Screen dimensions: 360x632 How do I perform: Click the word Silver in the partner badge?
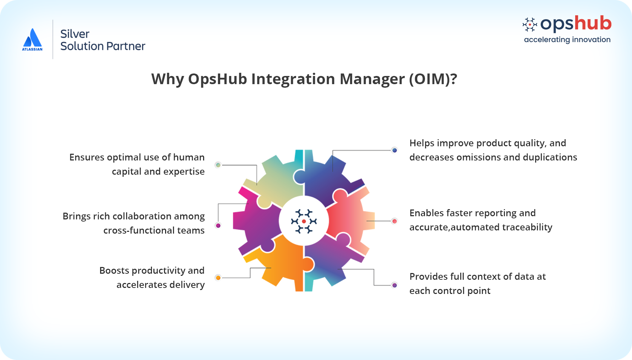click(x=75, y=34)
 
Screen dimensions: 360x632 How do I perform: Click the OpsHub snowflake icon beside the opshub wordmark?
click(x=530, y=24)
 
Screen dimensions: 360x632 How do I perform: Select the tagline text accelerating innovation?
click(x=567, y=40)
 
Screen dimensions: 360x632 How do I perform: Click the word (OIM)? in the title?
click(x=433, y=79)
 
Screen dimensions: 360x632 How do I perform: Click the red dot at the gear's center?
click(x=304, y=221)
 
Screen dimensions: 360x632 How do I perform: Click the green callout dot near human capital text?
click(x=218, y=165)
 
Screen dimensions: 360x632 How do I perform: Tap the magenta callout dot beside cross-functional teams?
click(x=218, y=225)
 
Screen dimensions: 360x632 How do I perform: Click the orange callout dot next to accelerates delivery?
click(x=218, y=278)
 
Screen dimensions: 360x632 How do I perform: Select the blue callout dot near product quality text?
click(x=394, y=150)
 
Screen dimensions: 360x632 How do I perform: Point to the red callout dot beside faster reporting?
click(x=394, y=221)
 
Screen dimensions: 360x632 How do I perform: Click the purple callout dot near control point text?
click(x=394, y=285)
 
